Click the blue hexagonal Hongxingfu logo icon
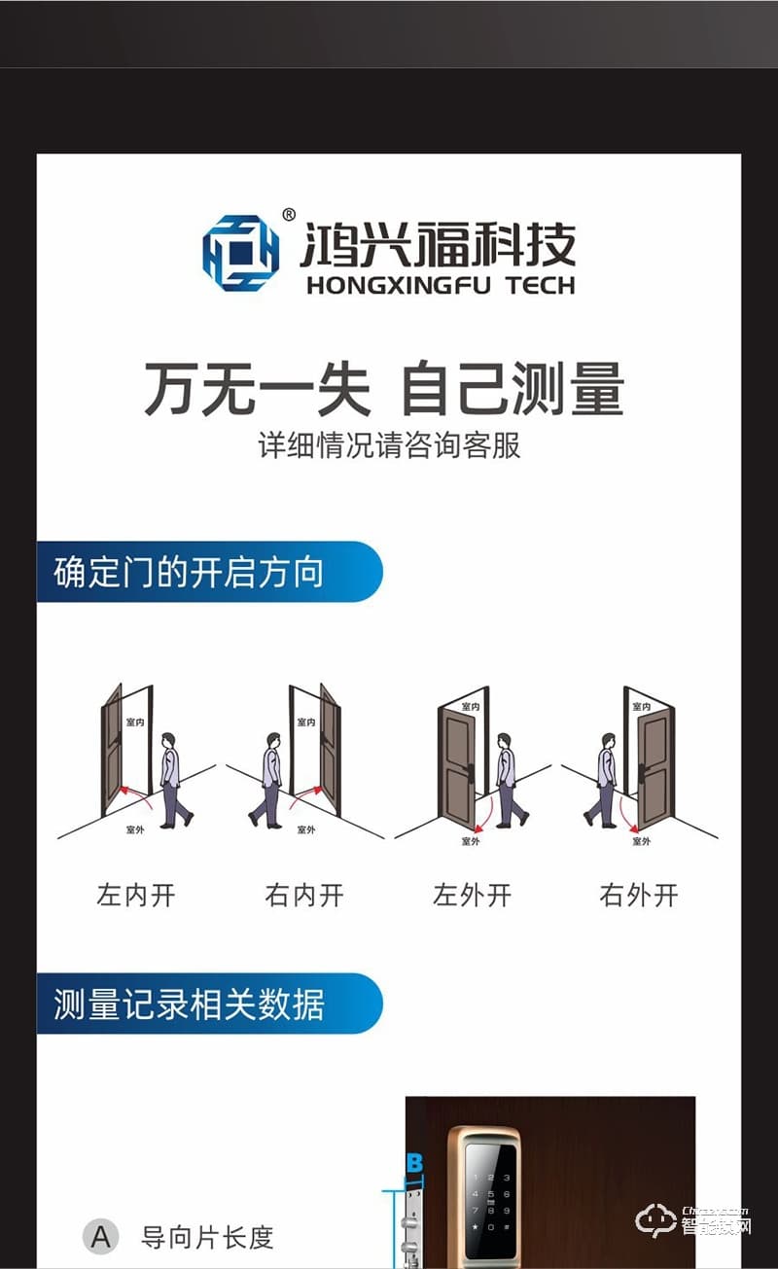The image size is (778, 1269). pyautogui.click(x=240, y=254)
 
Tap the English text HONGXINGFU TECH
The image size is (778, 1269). pyautogui.click(x=440, y=285)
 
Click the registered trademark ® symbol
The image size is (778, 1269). pyautogui.click(x=289, y=215)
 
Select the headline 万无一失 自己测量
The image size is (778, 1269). pyautogui.click(x=383, y=390)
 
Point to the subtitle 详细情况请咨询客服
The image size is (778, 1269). pyautogui.click(x=389, y=445)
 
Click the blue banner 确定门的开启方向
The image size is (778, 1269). pyautogui.click(x=208, y=572)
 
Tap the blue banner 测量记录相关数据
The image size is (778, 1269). pyautogui.click(x=208, y=1004)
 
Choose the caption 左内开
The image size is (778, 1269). pyautogui.click(x=136, y=895)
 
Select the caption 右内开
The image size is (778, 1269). pyautogui.click(x=304, y=895)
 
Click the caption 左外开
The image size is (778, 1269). pyautogui.click(x=472, y=895)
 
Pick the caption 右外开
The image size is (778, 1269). pyautogui.click(x=639, y=895)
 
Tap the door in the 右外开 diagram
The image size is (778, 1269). pyautogui.click(x=654, y=768)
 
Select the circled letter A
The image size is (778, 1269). pyautogui.click(x=101, y=1237)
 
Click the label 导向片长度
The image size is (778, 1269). pyautogui.click(x=207, y=1238)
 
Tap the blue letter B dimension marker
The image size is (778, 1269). pyautogui.click(x=415, y=1163)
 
